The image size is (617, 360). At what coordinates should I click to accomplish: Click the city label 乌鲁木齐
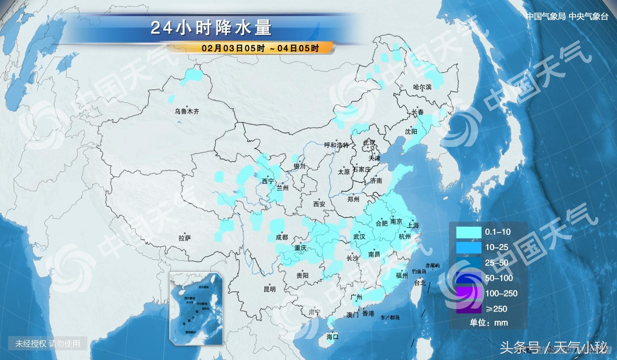[187, 111]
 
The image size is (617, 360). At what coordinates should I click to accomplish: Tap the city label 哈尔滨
[422, 87]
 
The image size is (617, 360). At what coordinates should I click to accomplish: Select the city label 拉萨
[185, 238]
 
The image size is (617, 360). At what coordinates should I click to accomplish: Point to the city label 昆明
[269, 289]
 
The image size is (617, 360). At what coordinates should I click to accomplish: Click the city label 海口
[332, 337]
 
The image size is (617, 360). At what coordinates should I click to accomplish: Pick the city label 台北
[420, 283]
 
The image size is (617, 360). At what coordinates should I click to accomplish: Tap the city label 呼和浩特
[336, 145]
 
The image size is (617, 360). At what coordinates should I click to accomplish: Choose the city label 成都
[282, 237]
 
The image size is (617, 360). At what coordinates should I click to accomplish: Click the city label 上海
[413, 225]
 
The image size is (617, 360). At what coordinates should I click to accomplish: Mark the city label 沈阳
[411, 132]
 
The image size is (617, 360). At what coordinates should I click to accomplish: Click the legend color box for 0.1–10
[468, 232]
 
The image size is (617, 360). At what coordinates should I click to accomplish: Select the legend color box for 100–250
[468, 294]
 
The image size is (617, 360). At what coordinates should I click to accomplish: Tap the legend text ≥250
[496, 309]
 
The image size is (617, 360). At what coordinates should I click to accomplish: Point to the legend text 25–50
[496, 263]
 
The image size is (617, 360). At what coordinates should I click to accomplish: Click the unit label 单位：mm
[489, 323]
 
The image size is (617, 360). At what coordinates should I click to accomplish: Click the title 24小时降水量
[211, 28]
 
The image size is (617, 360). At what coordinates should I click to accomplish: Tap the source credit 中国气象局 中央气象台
[567, 17]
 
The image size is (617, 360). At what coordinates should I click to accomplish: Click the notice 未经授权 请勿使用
[48, 343]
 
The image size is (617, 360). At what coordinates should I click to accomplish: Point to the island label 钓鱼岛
[419, 271]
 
